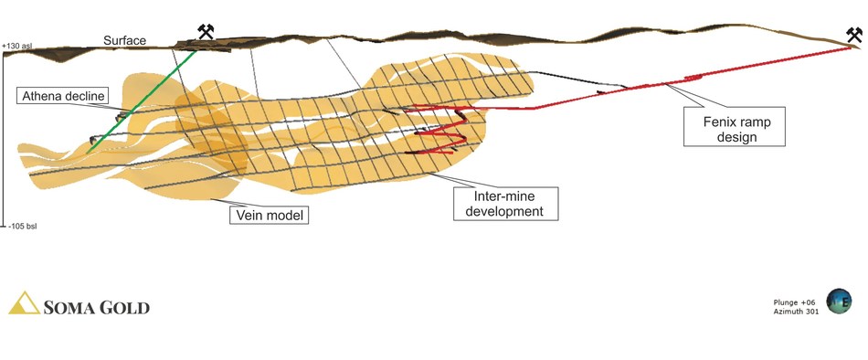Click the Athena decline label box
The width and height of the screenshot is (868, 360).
(62, 96)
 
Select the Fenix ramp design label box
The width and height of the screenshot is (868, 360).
(734, 126)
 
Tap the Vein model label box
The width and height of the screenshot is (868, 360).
(269, 215)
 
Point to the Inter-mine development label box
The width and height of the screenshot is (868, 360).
(505, 203)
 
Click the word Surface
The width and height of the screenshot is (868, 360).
(124, 40)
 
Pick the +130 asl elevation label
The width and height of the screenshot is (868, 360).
(17, 46)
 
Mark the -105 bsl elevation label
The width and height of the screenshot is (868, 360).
(22, 227)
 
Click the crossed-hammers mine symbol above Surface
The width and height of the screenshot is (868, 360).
(206, 32)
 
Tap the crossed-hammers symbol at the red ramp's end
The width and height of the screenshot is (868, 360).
(854, 36)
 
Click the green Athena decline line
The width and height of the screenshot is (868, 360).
(142, 101)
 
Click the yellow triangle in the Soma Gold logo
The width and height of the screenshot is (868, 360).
(25, 302)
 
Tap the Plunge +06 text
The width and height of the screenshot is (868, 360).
(794, 302)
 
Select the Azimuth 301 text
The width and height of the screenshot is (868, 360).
(796, 312)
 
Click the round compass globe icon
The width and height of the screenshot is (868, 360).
(839, 302)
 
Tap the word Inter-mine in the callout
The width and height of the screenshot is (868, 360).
(505, 196)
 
